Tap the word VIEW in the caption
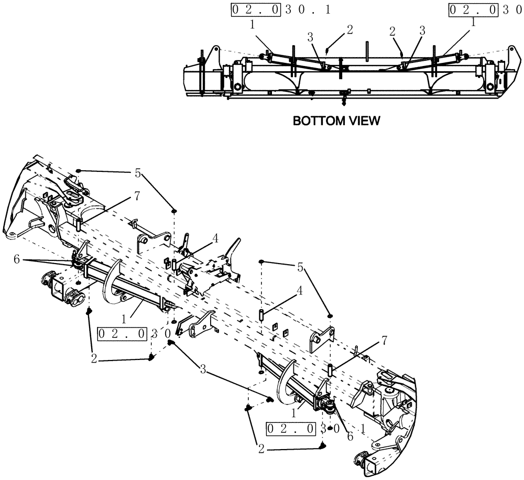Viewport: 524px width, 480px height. pyautogui.click(x=360, y=121)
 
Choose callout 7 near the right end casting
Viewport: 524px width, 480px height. pyautogui.click(x=384, y=342)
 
